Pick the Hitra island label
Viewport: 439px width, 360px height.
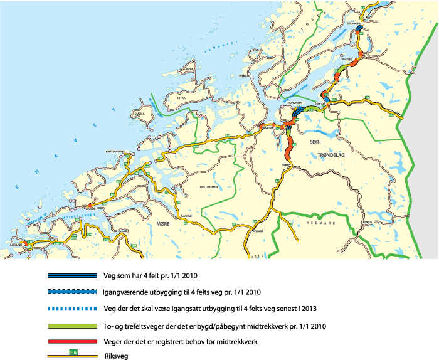pos(182,98)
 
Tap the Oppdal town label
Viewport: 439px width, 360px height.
pos(257,230)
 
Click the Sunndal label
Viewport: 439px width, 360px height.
pos(186,214)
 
